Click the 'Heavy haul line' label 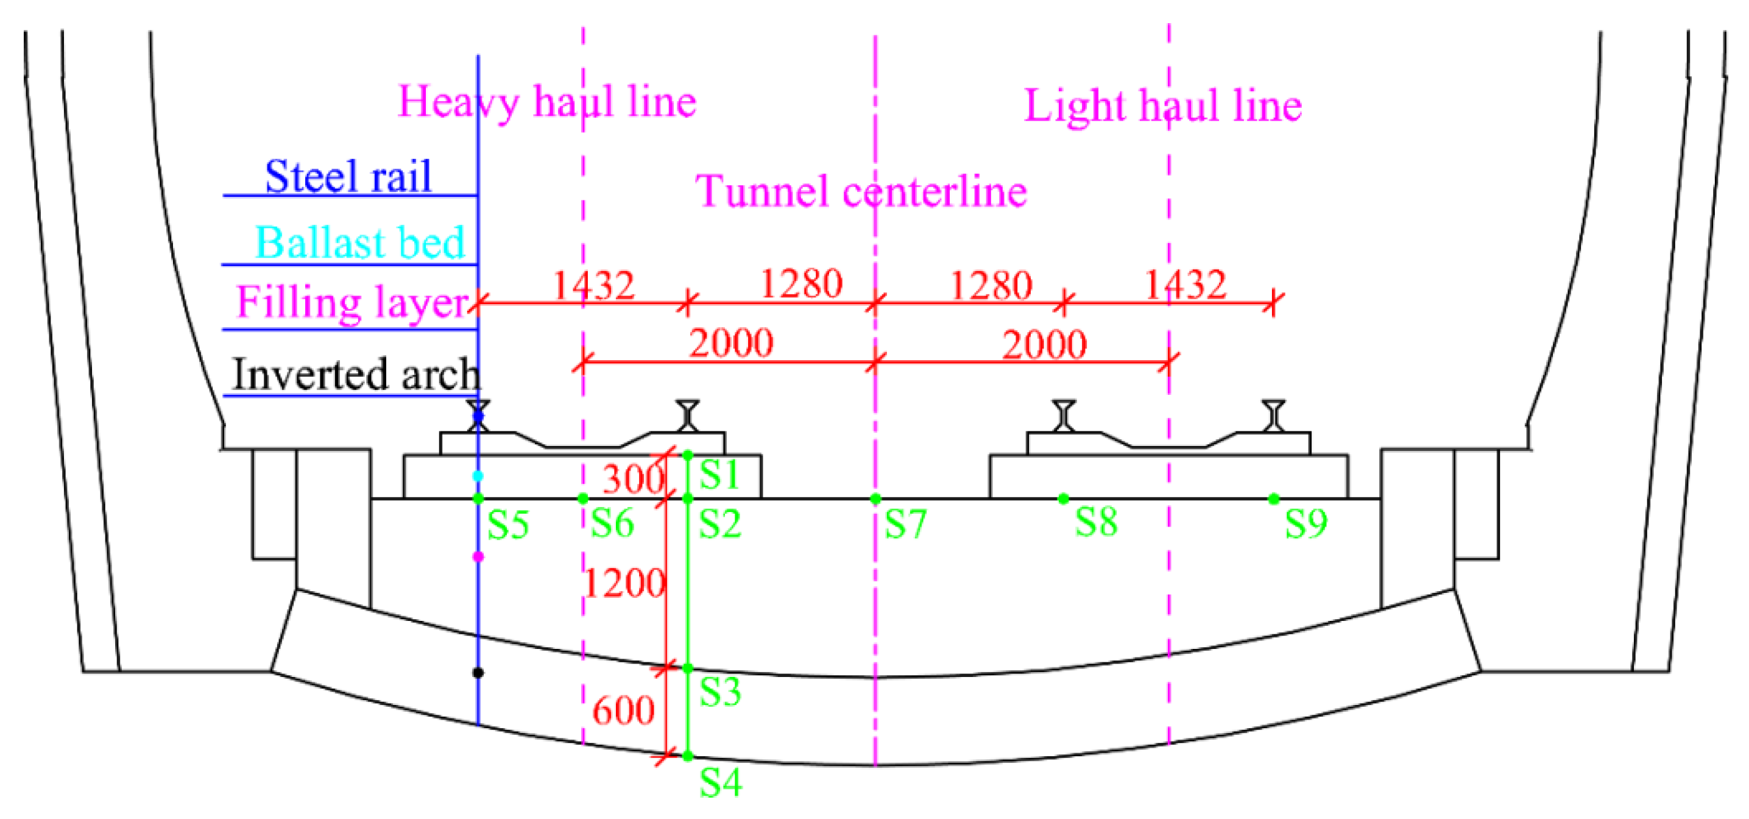tap(546, 102)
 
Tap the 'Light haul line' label tap(1162, 106)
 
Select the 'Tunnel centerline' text tap(861, 191)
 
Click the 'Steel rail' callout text tap(348, 177)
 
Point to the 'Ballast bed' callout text tap(360, 243)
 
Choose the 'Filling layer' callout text tap(352, 302)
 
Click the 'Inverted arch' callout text tap(356, 374)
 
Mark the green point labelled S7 tap(875, 499)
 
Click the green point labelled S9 tap(1274, 499)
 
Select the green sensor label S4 tap(721, 782)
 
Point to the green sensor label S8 tap(1096, 522)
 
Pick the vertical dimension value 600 tap(623, 711)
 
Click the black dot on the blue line tap(478, 672)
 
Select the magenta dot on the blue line tap(478, 557)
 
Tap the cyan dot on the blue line tap(478, 476)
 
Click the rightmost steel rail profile tap(1274, 416)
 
